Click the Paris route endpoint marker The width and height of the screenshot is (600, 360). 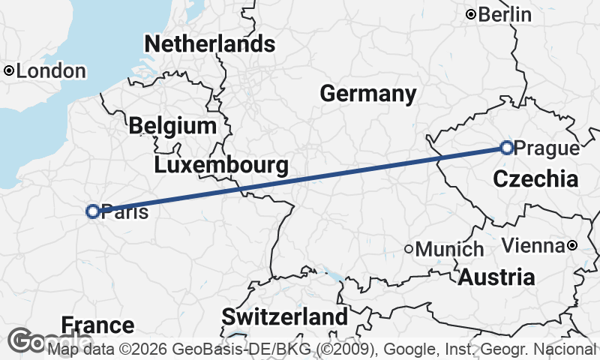93,211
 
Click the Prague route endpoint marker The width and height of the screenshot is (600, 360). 507,148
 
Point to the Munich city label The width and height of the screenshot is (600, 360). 449,249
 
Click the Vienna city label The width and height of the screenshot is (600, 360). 532,245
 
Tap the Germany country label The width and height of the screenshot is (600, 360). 367,94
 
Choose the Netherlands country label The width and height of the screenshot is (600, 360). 209,43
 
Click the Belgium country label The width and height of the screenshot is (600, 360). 172,125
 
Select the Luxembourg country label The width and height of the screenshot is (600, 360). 221,164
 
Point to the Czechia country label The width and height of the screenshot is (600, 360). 535,179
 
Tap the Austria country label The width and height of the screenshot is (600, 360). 496,277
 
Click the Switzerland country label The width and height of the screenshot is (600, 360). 284,316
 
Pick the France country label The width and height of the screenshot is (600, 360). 97,325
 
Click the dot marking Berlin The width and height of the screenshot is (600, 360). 471,14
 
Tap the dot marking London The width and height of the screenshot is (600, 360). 8,71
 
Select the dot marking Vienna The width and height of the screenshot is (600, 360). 572,245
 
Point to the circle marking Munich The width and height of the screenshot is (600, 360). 409,249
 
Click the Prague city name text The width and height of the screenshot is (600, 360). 548,148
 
